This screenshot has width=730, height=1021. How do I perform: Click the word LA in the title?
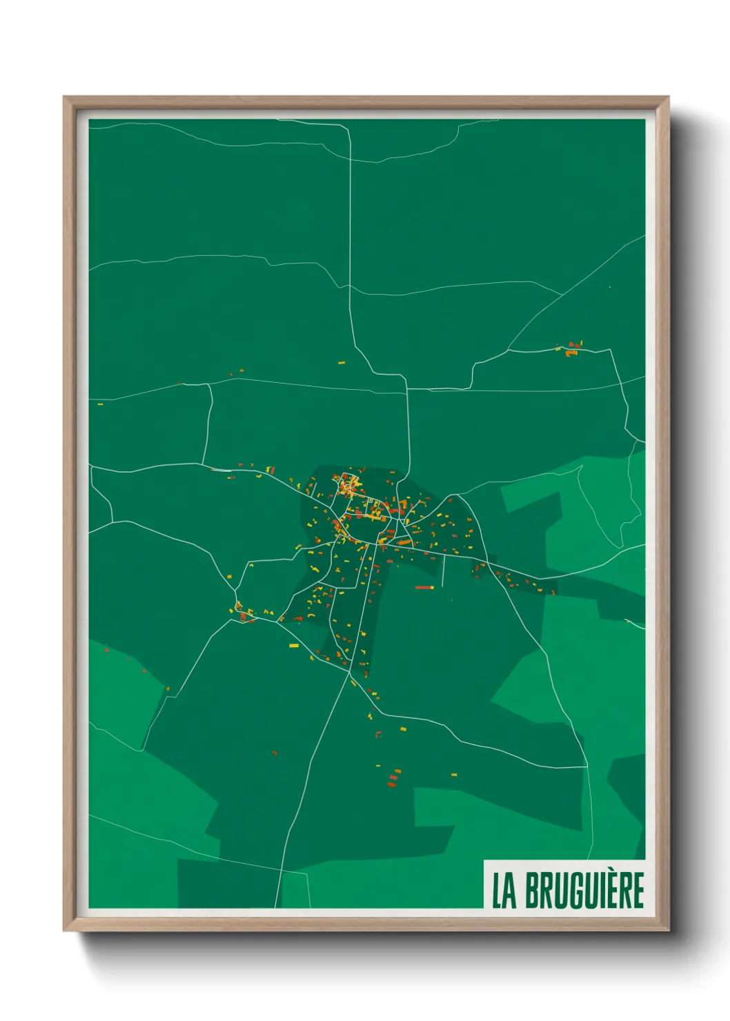point(504,891)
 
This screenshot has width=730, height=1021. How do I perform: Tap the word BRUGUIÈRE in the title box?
point(584,891)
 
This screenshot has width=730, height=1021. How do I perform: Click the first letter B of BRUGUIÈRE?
point(533,891)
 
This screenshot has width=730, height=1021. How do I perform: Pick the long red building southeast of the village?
point(424,588)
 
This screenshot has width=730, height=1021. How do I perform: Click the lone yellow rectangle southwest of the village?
point(293,646)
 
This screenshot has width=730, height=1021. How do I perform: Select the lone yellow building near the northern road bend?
point(341,362)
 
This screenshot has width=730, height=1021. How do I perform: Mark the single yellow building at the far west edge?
point(100,404)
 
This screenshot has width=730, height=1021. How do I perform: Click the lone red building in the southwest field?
point(275,753)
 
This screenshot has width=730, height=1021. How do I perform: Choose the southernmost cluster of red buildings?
point(393,781)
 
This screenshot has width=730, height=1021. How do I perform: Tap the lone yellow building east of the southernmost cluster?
point(453,775)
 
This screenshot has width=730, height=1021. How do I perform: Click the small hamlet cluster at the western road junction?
point(244,614)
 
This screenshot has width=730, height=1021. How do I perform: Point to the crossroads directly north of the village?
point(406,390)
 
